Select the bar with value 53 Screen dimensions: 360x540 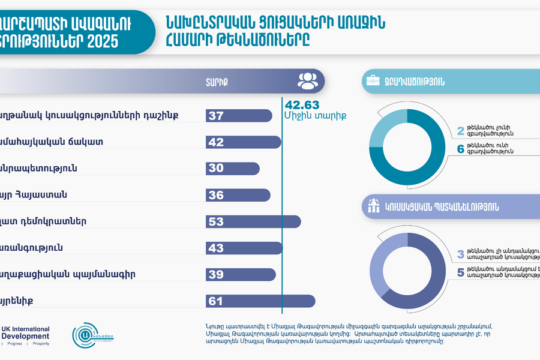click(252, 221)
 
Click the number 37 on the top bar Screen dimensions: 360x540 click(216, 116)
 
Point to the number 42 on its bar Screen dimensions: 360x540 click(216, 142)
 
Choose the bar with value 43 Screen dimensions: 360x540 click(243, 248)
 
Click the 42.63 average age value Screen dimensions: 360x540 click(301, 104)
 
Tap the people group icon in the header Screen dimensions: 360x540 click(307, 80)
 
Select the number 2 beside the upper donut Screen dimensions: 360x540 click(461, 130)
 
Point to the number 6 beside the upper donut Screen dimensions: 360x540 click(461, 149)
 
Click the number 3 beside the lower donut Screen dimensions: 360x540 click(461, 253)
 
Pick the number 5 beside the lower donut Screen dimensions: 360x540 click(461, 272)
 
